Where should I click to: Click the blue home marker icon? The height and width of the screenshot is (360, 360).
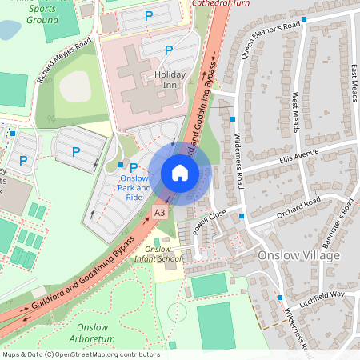180,173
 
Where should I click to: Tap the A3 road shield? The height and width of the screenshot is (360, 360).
160,212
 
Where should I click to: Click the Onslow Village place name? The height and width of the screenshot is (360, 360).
299,254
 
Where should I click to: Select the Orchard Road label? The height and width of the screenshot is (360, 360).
298,207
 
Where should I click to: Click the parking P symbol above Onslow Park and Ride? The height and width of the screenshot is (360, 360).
134,167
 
